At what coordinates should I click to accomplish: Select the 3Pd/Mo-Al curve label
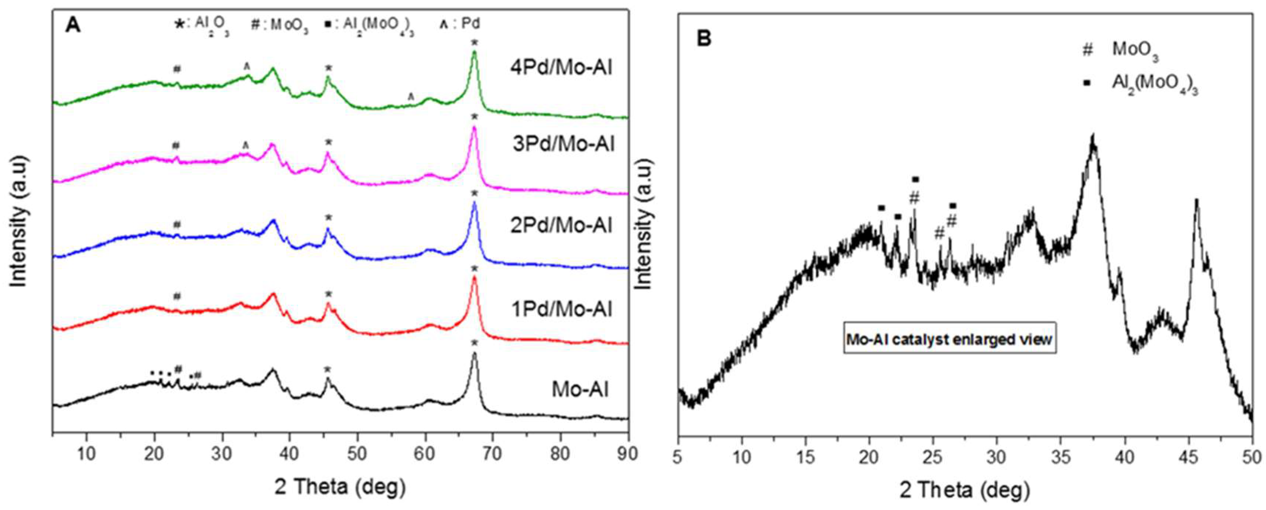[x=563, y=144]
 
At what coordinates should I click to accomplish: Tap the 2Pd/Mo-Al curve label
[x=562, y=225]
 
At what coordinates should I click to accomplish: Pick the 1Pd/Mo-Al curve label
[x=562, y=310]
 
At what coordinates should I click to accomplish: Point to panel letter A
[x=73, y=25]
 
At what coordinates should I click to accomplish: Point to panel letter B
[x=704, y=38]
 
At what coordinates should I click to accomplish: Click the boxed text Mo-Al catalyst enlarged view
[x=949, y=339]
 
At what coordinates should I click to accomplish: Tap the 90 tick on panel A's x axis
[x=627, y=454]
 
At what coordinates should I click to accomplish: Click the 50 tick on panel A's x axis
[x=357, y=454]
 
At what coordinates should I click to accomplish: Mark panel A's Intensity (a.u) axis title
[x=19, y=221]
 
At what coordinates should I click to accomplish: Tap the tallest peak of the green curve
[x=474, y=52]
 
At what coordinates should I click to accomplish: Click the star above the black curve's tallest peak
[x=474, y=343]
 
